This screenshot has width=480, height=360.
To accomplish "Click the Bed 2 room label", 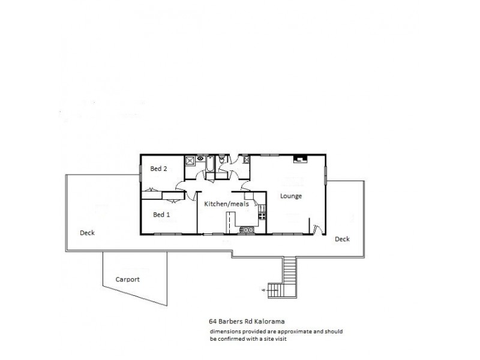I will pyautogui.click(x=158, y=169).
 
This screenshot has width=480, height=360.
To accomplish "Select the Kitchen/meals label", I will pyautogui.click(x=226, y=204).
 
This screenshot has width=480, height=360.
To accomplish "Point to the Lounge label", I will pyautogui.click(x=291, y=196).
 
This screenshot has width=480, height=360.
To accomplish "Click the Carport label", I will pyautogui.click(x=128, y=279).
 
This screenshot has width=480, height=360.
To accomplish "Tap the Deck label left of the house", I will pyautogui.click(x=87, y=233).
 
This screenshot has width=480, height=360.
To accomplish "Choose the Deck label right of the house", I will pyautogui.click(x=342, y=239).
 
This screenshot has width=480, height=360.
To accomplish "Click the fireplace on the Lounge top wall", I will pyautogui.click(x=300, y=159).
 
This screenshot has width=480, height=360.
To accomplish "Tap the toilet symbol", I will pyautogui.click(x=222, y=160).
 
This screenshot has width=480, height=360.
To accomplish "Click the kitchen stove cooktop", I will pyautogui.click(x=262, y=215).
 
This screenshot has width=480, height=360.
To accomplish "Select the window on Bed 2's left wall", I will pyautogui.click(x=141, y=170).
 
